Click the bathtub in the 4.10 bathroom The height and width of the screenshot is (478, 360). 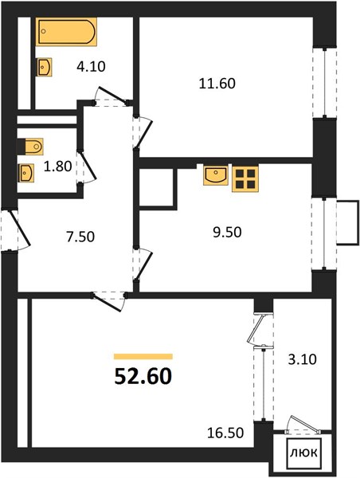66,32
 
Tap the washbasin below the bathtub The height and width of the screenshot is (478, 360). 44,67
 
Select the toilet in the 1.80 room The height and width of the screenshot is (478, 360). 30,147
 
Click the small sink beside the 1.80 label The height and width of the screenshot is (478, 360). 26,173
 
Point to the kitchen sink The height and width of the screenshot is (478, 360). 216,175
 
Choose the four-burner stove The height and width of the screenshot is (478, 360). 245,178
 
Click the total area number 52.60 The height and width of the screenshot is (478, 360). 143,377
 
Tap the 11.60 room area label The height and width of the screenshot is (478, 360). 217,84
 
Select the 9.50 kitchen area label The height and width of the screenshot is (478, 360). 227,233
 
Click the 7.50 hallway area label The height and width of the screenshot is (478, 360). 80,237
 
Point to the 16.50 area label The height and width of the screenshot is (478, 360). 225,433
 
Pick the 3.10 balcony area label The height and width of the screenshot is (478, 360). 303,359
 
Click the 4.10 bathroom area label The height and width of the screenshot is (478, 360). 91,66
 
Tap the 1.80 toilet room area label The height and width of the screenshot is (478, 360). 57,167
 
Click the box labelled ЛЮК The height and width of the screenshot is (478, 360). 303,453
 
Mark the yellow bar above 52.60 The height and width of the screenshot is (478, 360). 143,357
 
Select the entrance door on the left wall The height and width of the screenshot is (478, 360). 15,230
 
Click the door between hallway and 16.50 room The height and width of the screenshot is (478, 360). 109,301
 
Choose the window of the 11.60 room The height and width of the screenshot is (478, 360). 325,82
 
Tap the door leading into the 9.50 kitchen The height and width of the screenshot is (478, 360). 142,264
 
